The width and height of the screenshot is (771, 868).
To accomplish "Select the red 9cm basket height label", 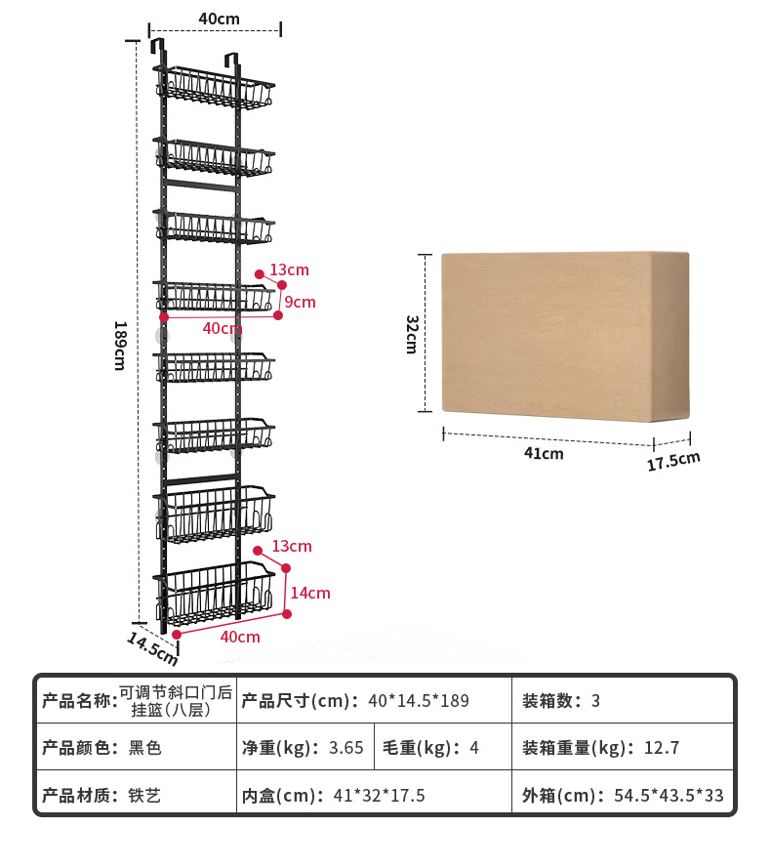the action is pos(300,302).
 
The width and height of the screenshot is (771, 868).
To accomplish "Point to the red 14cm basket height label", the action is pos(311,593).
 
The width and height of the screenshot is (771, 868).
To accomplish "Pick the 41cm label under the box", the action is pos(544,453).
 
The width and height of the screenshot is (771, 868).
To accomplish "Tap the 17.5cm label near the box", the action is pos(673,461).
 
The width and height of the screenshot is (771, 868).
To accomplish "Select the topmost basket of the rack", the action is pos(218,90).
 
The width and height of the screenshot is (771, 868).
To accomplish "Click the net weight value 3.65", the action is pos(346,748).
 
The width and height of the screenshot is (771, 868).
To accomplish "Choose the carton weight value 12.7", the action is pos(662,748).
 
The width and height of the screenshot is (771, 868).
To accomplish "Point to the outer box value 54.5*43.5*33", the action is pos(669,796).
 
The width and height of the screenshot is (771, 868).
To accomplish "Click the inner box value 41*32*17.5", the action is pos(380,796).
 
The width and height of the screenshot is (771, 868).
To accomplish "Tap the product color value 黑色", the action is pos(144,748).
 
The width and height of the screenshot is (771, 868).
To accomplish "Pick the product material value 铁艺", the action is pos(144,796).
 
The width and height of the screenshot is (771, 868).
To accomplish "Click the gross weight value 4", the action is pos(474,748).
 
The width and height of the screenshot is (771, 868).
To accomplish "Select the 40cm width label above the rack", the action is pos(219,19).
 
